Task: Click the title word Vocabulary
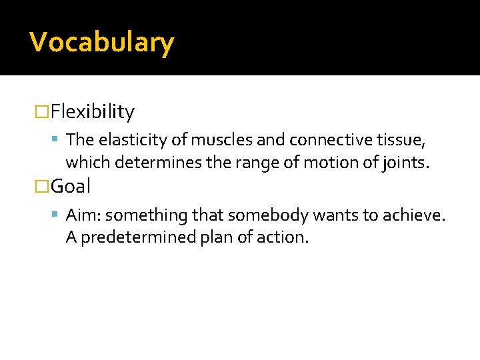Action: pos(102,43)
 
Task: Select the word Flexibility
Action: pos(93,111)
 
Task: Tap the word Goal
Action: pos(71,186)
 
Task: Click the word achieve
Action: pos(417,215)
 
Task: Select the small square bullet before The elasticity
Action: pos(57,139)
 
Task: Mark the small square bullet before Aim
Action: pos(57,215)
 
